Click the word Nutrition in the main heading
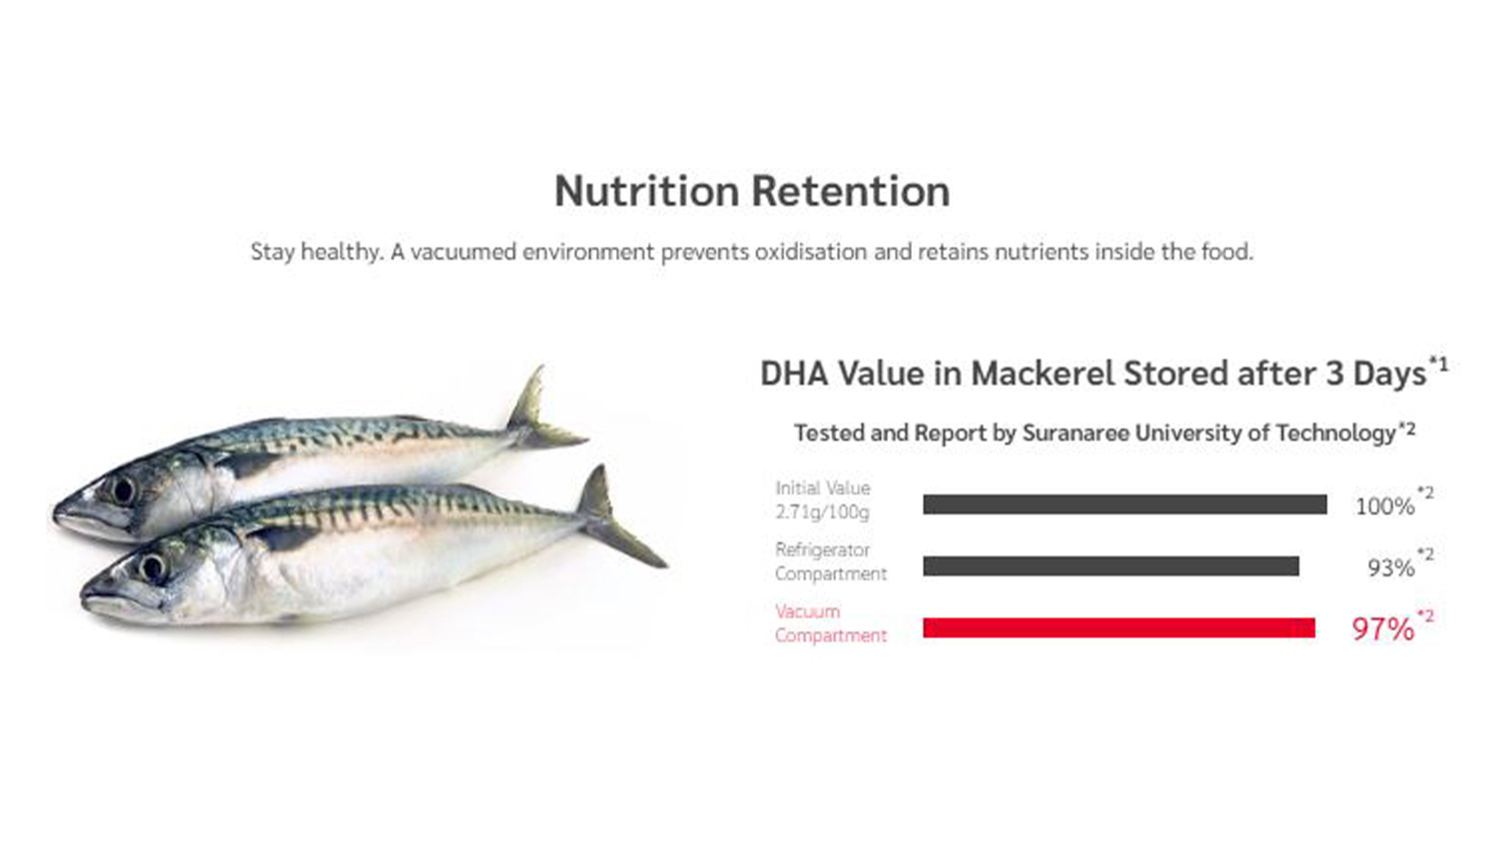[x=646, y=192]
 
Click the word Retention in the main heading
[x=851, y=192]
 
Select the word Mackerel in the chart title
[x=1044, y=374]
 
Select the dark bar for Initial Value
[x=1124, y=504]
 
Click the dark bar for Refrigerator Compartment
[x=1111, y=566]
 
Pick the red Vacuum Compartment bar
[x=1119, y=627]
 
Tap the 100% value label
[x=1385, y=506]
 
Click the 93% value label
[x=1391, y=568]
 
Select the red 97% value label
[x=1383, y=629]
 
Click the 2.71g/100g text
[x=822, y=512]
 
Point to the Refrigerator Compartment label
[x=831, y=562]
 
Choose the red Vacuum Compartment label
[x=831, y=623]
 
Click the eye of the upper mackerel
[x=123, y=491]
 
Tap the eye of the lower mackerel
[x=153, y=568]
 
